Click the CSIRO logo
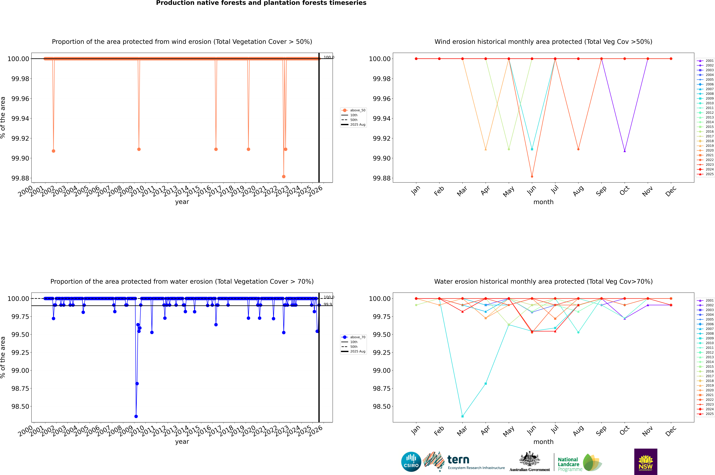click(x=411, y=462)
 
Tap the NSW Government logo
click(x=646, y=462)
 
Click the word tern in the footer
click(x=458, y=460)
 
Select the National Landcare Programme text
click(x=569, y=464)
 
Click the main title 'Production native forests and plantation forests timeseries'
click(x=261, y=3)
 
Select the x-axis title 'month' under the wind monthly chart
click(x=543, y=202)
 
